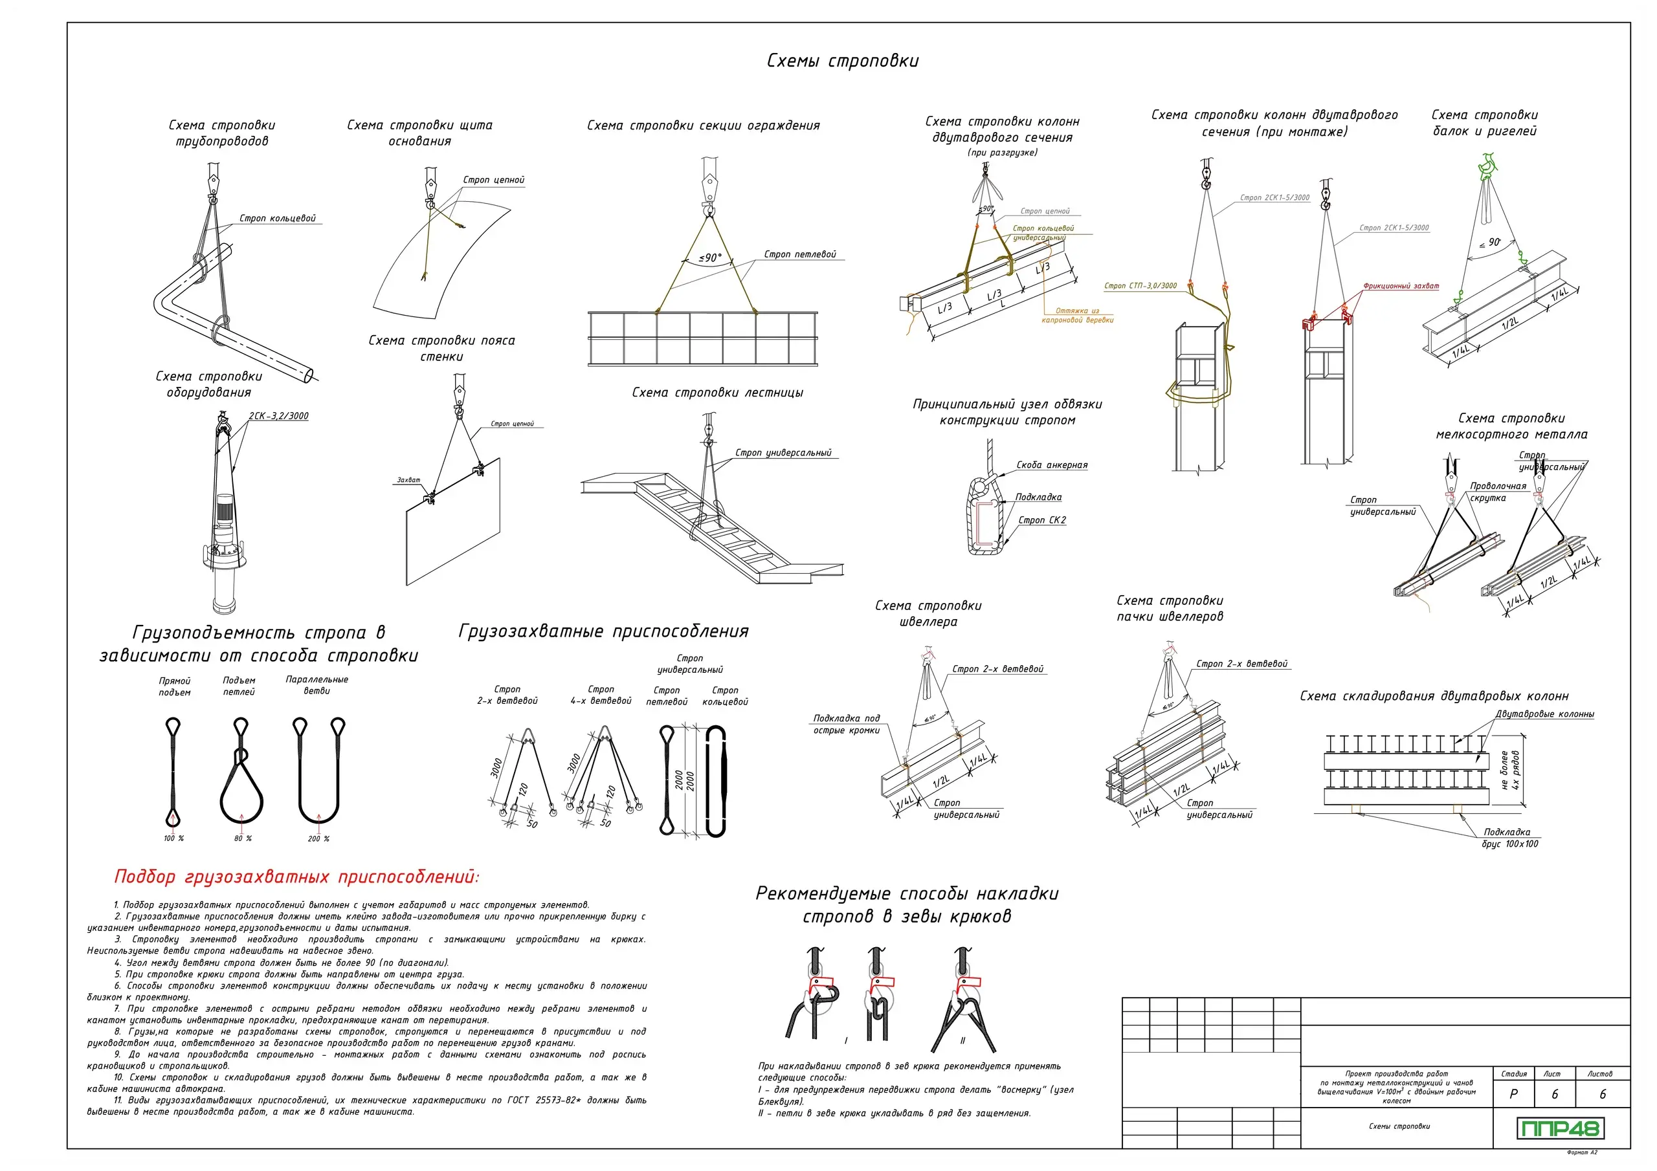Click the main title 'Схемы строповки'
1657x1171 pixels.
842,61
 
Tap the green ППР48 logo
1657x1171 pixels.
1559,1128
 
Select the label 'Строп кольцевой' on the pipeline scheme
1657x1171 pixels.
277,219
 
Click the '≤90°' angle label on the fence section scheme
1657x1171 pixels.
710,257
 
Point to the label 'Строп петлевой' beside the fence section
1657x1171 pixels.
799,255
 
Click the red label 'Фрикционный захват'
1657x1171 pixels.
1400,287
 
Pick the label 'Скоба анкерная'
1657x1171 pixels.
1052,465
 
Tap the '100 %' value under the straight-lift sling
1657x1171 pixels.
173,838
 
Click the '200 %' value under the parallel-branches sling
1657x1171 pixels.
318,838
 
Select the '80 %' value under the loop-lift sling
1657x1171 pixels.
243,838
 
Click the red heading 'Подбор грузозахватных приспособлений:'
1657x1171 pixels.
296,877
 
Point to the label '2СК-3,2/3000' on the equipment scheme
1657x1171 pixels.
278,416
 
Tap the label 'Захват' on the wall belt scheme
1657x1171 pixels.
408,480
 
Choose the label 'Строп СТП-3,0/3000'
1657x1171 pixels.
1140,286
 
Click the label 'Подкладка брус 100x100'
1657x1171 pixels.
1510,838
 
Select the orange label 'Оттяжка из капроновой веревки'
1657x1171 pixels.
1077,315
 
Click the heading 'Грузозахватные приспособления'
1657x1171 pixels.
603,632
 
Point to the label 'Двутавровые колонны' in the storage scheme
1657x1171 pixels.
1544,714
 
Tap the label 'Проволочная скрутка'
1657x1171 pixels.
1498,492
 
